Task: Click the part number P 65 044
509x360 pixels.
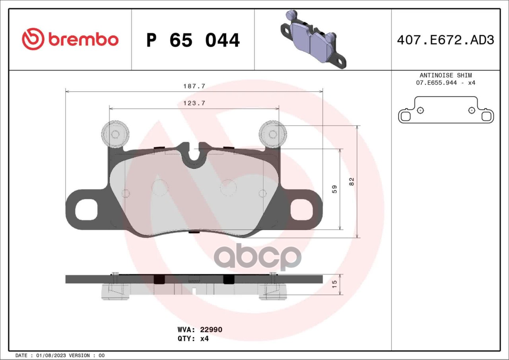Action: pyautogui.click(x=193, y=40)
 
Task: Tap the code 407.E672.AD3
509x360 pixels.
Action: pyautogui.click(x=445, y=40)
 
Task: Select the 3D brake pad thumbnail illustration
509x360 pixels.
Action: pyautogui.click(x=314, y=39)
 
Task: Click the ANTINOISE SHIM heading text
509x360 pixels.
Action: pyautogui.click(x=446, y=75)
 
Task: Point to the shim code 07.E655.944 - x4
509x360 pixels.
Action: pyautogui.click(x=446, y=83)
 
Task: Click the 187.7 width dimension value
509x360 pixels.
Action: pyautogui.click(x=194, y=86)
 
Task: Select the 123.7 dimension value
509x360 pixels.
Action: pyautogui.click(x=194, y=103)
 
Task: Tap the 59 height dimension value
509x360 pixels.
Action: pyautogui.click(x=334, y=189)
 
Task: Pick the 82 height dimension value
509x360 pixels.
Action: pyautogui.click(x=352, y=182)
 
